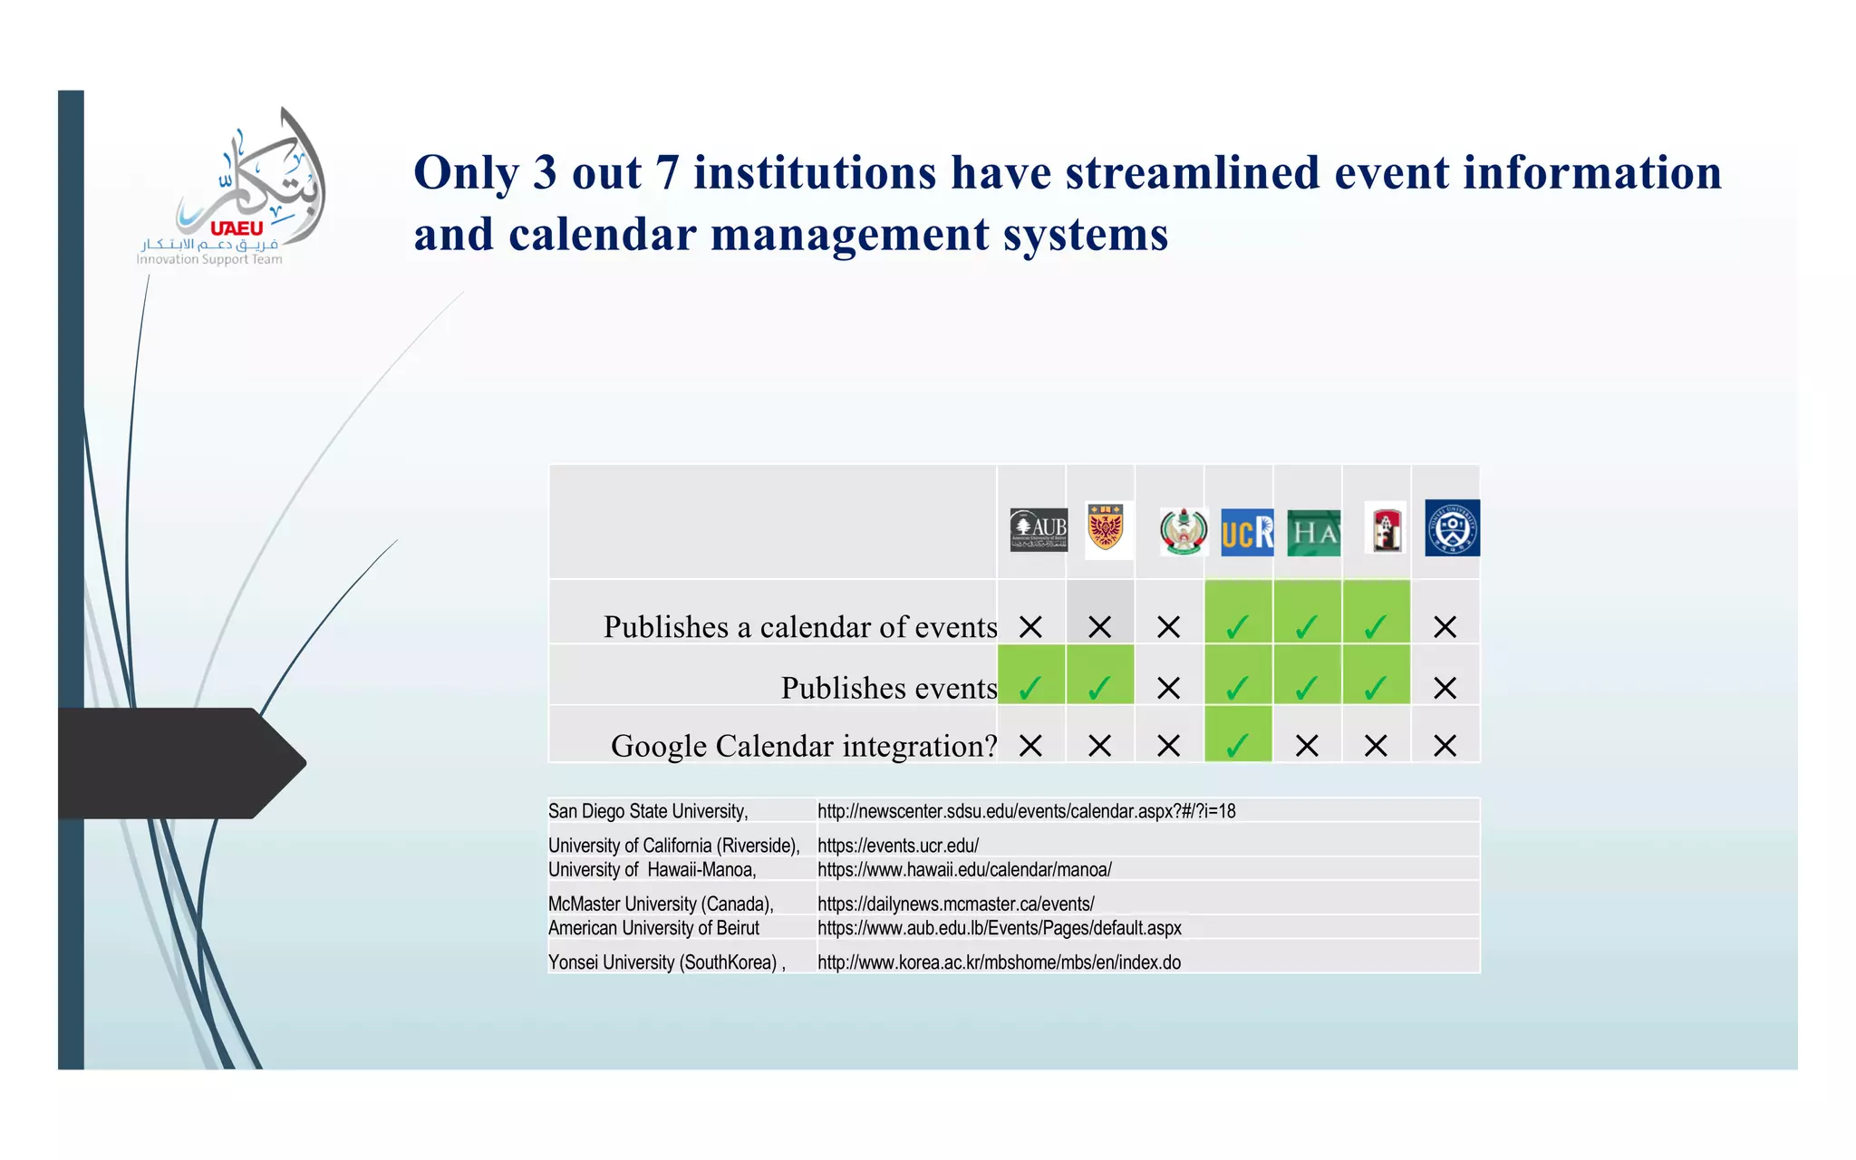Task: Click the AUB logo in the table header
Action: (1038, 529)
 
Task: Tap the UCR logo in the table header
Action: (1246, 532)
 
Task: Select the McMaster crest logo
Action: (1106, 528)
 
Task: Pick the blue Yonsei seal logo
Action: (1452, 527)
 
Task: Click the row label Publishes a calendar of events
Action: (799, 627)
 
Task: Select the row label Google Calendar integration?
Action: (803, 746)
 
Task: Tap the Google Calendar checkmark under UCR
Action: (1237, 746)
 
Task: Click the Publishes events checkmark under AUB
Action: (1029, 688)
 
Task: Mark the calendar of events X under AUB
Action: (1030, 627)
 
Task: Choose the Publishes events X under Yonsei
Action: (1445, 688)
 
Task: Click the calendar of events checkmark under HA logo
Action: (1306, 627)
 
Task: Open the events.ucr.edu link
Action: (897, 846)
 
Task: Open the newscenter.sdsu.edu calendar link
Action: (1026, 811)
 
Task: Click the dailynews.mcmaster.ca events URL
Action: (955, 904)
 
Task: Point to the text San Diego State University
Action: (647, 811)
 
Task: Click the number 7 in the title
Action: (667, 172)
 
